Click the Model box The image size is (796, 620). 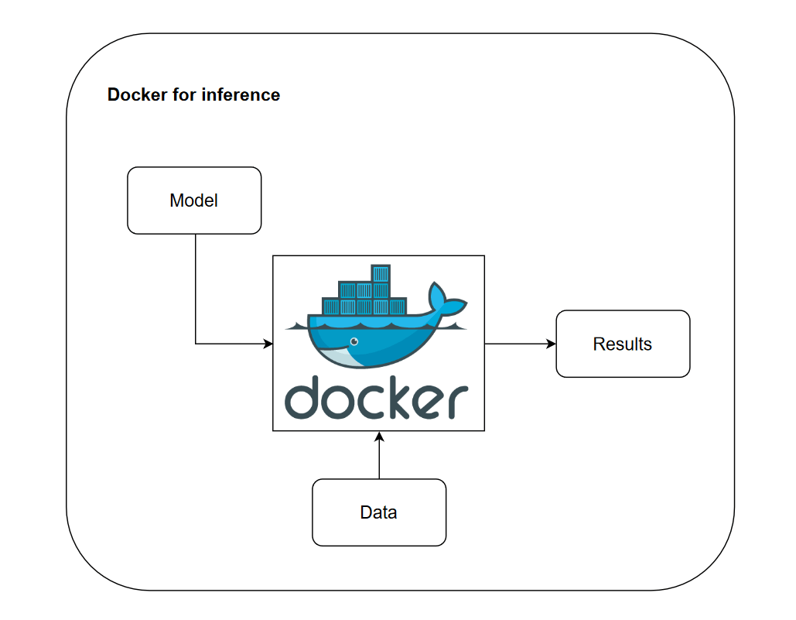pyautogui.click(x=194, y=200)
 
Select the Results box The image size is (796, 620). pyautogui.click(x=623, y=344)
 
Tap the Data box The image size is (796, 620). pyautogui.click(x=379, y=512)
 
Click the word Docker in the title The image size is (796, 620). pyautogui.click(x=138, y=94)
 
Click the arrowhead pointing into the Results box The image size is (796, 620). pyautogui.click(x=552, y=344)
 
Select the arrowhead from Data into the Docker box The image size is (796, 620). pyautogui.click(x=379, y=437)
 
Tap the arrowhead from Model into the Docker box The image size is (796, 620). pyautogui.click(x=268, y=344)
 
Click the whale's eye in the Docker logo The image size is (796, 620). pyautogui.click(x=354, y=342)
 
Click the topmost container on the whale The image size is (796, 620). pyautogui.click(x=381, y=274)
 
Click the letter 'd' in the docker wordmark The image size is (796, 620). pyautogui.click(x=303, y=398)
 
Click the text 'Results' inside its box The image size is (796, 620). pyautogui.click(x=623, y=344)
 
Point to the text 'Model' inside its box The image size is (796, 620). pyautogui.click(x=194, y=200)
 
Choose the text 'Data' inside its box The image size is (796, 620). pyautogui.click(x=379, y=512)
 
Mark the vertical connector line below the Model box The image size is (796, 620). pyautogui.click(x=196, y=289)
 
